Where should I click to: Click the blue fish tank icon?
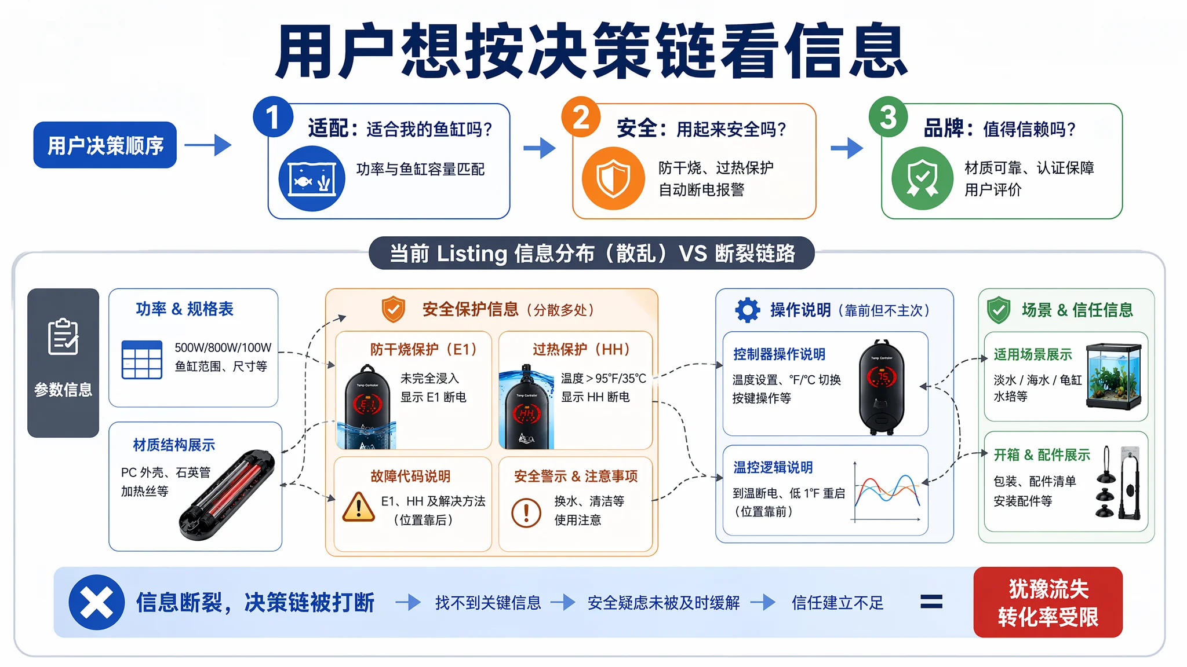coord(312,178)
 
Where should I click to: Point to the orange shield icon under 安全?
coord(613,178)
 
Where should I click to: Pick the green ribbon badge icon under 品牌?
coord(922,178)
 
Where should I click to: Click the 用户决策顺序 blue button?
coord(105,145)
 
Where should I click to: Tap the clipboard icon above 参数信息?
coord(63,336)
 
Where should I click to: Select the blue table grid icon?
coord(142,360)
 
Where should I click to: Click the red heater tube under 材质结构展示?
coord(227,495)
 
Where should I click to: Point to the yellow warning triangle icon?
coord(359,508)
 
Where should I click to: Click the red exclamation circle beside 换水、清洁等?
coord(526,512)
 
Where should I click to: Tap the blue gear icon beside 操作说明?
coord(748,310)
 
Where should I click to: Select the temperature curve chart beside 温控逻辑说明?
coord(887,492)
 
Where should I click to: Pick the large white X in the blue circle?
coord(97,602)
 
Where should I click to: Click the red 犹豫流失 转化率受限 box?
coord(1048,602)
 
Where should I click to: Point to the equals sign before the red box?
coord(931,602)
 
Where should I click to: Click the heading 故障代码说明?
coord(410,476)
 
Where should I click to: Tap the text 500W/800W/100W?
coord(223,347)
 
